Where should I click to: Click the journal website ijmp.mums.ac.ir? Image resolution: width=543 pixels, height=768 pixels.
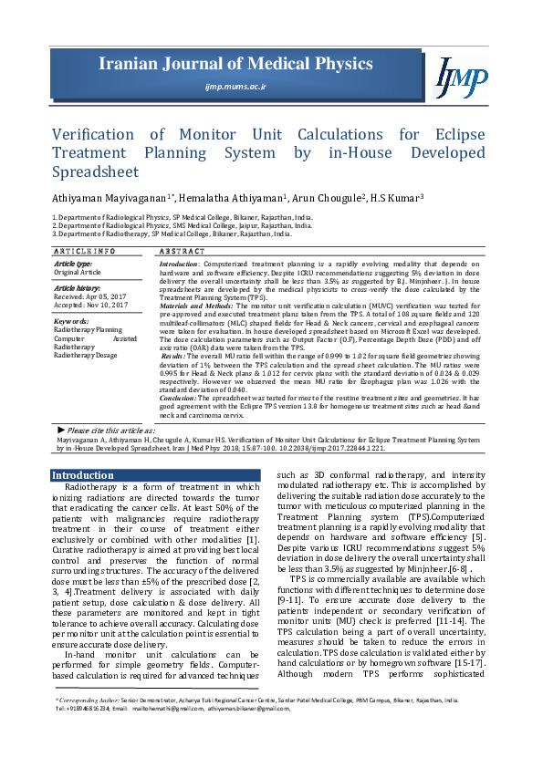235,87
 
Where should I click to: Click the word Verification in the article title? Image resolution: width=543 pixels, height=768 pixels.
95,135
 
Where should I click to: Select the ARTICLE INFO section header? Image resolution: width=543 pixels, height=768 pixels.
83,250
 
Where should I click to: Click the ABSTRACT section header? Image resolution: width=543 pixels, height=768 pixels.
181,250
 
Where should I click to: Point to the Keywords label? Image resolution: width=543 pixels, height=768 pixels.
71,322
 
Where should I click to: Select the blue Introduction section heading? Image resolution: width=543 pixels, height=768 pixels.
82,475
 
